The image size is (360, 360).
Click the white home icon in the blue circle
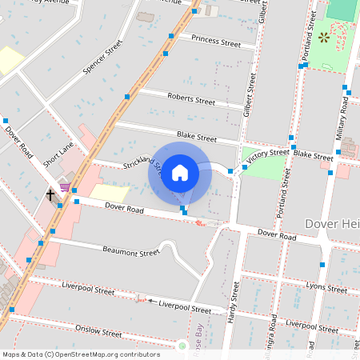(180, 172)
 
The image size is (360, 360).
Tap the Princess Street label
(215, 41)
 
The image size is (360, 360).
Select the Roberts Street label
(191, 98)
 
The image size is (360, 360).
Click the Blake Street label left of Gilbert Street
(197, 138)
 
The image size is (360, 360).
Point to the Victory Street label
(267, 154)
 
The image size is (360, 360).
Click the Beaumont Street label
(131, 252)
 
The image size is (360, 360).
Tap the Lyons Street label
(326, 286)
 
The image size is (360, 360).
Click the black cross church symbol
(50, 194)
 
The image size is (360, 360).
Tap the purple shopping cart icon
(64, 186)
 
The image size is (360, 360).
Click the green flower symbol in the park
(324, 38)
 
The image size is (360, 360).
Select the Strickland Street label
(143, 166)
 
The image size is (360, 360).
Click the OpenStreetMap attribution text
(80, 354)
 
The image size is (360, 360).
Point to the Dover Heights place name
(332, 223)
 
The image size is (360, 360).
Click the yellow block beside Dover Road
(110, 193)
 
